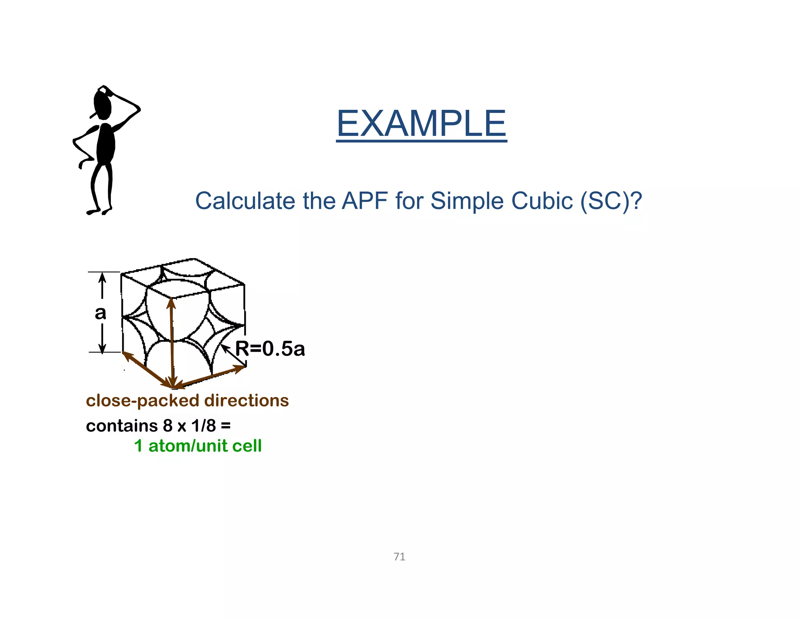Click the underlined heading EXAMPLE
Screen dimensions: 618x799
(x=421, y=124)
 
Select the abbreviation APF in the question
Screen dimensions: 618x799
(x=364, y=201)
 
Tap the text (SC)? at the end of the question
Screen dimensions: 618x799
(x=611, y=201)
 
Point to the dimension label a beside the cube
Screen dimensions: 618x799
(x=100, y=313)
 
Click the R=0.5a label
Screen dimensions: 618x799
(x=270, y=348)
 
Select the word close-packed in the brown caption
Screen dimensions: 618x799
(x=142, y=401)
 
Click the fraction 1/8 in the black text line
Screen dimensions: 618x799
(x=203, y=426)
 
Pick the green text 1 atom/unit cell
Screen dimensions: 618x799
(x=198, y=446)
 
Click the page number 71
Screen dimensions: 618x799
(x=399, y=557)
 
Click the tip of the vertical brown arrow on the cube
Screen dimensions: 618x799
(x=171, y=302)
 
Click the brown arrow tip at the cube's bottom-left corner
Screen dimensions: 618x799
(x=126, y=354)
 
